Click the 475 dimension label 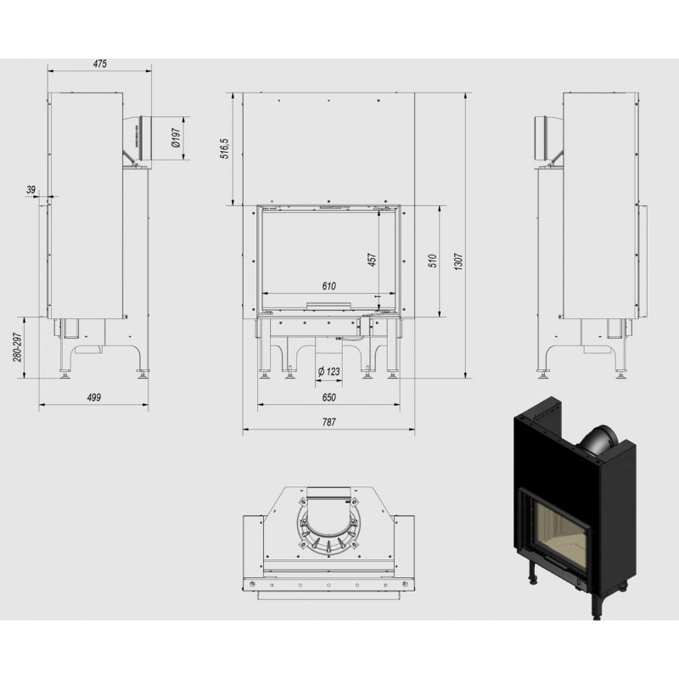[99, 64]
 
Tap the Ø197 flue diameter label [176, 138]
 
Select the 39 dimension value [31, 189]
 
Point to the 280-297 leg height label [17, 347]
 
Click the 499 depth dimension [93, 397]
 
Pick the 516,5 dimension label [225, 149]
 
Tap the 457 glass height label [372, 260]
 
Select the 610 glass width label [328, 286]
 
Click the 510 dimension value [433, 261]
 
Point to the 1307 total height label [459, 262]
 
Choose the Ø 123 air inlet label [328, 371]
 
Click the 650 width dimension [328, 397]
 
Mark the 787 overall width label [328, 422]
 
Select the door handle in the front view [328, 306]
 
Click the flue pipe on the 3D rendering [598, 441]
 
